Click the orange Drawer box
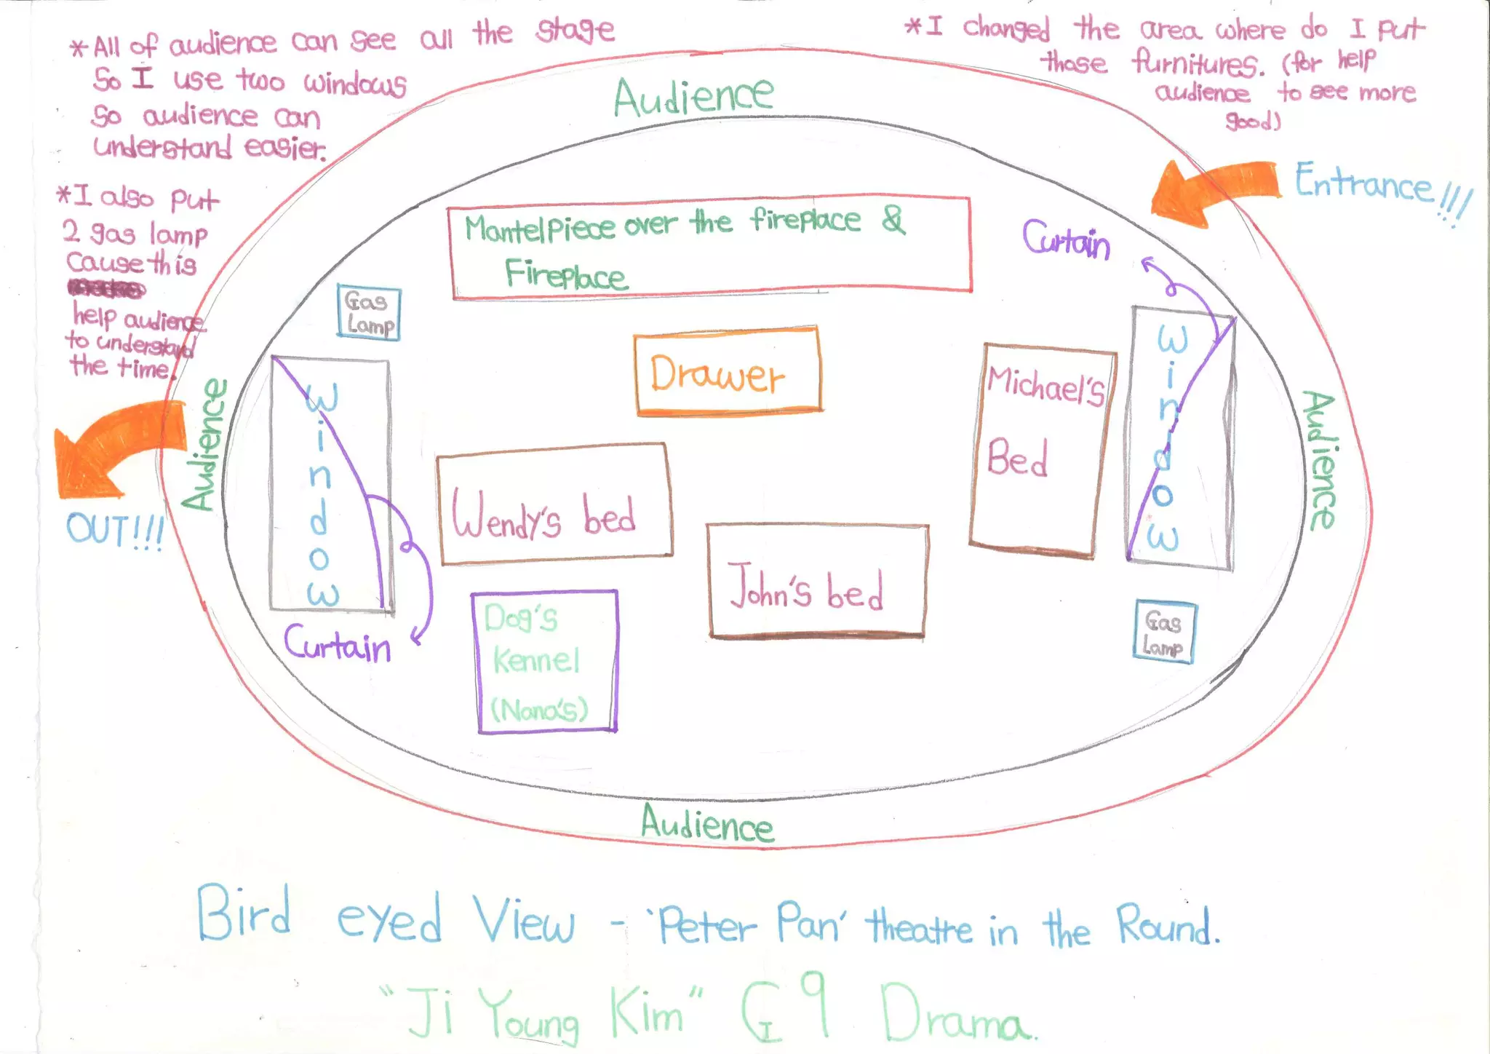point(728,371)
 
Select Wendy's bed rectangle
point(554,504)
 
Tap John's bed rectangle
point(817,582)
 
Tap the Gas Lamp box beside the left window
point(369,313)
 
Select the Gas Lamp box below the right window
point(1163,633)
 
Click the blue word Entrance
point(1363,182)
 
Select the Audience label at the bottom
point(707,825)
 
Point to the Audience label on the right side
point(1320,460)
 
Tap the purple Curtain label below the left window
point(337,644)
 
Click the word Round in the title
point(1167,926)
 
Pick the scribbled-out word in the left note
point(106,289)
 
